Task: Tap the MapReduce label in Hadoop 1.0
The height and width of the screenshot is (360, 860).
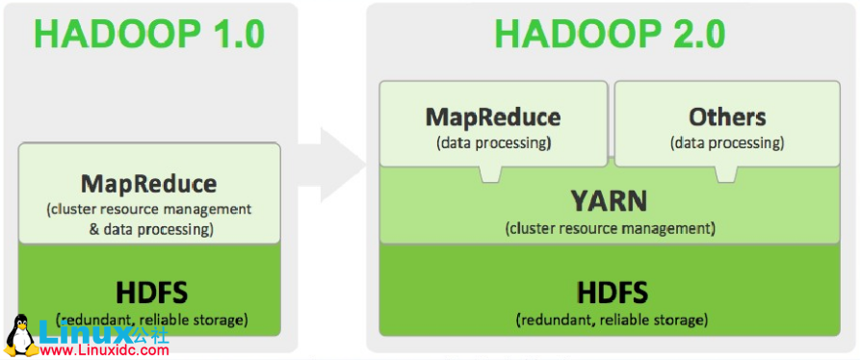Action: (x=149, y=183)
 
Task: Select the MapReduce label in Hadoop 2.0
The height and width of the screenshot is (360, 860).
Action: (x=493, y=117)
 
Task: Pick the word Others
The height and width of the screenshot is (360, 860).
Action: (x=727, y=117)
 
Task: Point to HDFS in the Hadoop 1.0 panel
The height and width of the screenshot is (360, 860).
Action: (x=149, y=291)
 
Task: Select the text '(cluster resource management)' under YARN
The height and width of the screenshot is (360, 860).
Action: (x=610, y=229)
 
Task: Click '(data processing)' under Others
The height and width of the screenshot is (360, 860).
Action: (x=727, y=143)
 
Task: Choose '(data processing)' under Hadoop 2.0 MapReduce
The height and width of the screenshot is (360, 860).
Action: (x=493, y=143)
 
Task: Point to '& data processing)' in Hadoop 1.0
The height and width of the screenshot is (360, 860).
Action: (x=149, y=230)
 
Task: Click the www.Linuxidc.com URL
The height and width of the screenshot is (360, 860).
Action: (x=105, y=351)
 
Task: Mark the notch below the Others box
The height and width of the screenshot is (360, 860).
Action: (x=725, y=175)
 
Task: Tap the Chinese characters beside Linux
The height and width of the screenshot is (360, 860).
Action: (x=151, y=333)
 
